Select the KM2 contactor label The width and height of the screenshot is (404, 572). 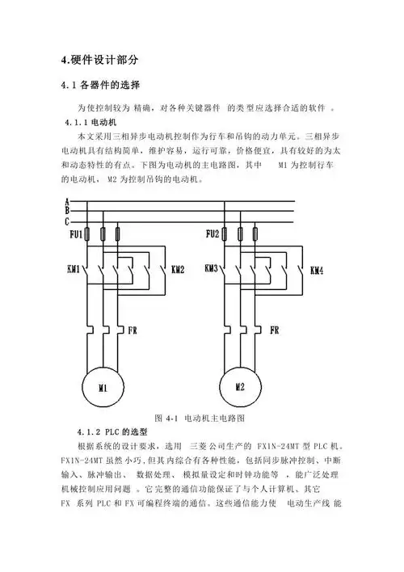(x=178, y=269)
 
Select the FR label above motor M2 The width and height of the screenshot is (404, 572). (x=274, y=330)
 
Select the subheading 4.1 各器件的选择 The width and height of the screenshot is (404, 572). (x=101, y=86)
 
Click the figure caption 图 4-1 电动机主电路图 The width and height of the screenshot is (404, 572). (x=199, y=418)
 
